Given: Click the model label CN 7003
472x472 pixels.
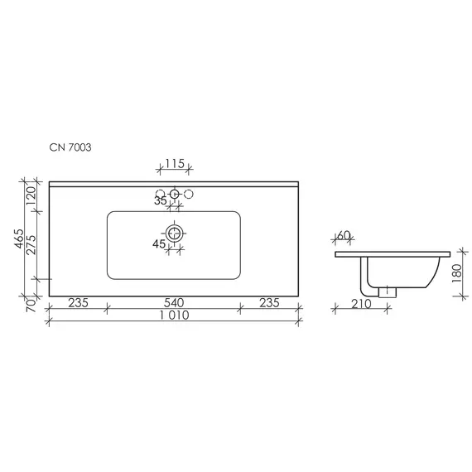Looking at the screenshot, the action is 70,147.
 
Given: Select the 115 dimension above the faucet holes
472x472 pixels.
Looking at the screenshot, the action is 175,164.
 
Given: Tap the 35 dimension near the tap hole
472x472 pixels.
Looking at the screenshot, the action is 160,200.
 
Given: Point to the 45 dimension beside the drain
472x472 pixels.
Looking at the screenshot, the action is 159,243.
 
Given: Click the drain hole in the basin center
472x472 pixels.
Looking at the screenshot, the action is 174,233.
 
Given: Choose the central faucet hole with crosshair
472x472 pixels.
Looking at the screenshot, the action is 175,194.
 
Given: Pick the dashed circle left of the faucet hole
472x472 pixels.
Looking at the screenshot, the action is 160,194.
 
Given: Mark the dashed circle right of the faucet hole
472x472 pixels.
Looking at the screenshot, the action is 189,194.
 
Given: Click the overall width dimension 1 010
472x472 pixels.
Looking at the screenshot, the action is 174,315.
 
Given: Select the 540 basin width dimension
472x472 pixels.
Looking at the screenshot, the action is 174,302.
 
